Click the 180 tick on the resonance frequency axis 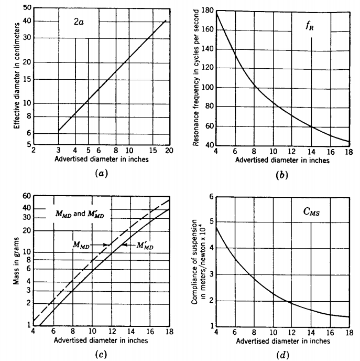(207, 11)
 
